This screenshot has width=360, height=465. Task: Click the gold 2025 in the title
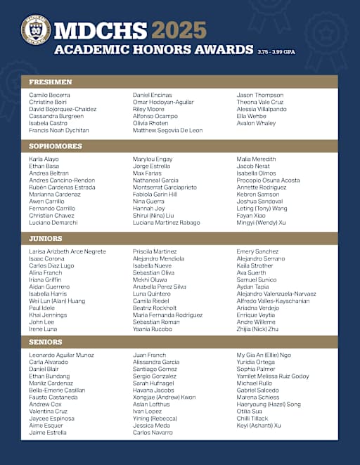[179, 30]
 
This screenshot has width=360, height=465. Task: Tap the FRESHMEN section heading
[51, 82]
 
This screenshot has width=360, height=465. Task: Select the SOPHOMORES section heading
[56, 146]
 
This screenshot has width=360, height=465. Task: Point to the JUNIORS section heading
[47, 238]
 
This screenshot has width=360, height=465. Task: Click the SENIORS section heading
[46, 342]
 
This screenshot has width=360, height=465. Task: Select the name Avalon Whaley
[256, 123]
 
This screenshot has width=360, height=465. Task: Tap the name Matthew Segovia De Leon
[167, 130]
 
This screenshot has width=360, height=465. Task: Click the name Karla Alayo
[44, 159]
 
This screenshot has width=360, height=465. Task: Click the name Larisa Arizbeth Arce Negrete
[67, 251]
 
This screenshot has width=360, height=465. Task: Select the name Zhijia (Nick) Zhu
[257, 329]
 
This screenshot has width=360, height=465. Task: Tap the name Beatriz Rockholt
[155, 308]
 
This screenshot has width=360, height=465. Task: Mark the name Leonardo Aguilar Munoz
[61, 355]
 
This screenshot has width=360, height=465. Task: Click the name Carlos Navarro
[152, 433]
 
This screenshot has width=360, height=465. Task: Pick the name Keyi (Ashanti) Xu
[258, 425]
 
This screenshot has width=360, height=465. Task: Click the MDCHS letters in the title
[101, 30]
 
